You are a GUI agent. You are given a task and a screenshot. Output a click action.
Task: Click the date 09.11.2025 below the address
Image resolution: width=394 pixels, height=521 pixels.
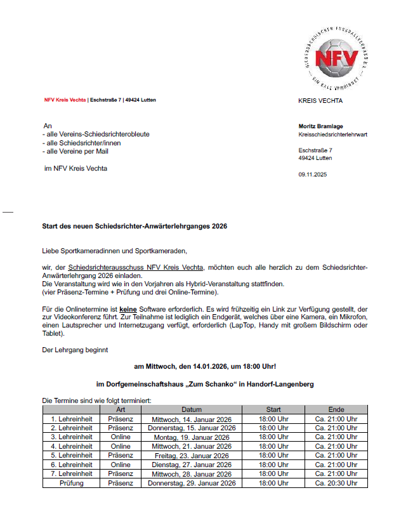coord(312,175)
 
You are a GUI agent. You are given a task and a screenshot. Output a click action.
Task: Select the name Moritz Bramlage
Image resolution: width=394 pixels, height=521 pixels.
coord(320,126)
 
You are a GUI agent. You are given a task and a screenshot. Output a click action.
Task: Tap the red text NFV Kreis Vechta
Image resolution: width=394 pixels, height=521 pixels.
coord(65,100)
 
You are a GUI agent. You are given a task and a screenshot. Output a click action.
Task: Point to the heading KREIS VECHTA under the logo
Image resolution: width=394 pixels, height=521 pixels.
coord(320,100)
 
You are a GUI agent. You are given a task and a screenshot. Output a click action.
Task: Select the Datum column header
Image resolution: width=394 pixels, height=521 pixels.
coord(192,409)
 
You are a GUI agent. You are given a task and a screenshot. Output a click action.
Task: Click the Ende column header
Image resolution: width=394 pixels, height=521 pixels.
coord(336,409)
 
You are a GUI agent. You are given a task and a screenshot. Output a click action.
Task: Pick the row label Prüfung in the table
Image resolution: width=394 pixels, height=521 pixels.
coord(72,483)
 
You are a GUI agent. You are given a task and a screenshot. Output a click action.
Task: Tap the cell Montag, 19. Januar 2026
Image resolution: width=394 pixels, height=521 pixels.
coord(192,437)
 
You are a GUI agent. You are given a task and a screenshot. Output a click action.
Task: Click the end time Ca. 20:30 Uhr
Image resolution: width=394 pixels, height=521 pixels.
coord(336,483)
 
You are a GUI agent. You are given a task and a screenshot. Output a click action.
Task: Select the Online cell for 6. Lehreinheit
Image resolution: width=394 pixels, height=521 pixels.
coord(121,465)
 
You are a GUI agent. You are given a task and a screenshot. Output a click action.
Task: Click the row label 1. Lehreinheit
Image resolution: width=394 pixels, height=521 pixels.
coord(72,419)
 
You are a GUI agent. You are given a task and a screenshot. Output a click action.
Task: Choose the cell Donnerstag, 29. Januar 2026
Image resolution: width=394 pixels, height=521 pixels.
coord(192,483)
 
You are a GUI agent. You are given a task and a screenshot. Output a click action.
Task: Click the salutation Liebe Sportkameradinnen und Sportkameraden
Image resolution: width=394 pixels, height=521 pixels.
coord(115,251)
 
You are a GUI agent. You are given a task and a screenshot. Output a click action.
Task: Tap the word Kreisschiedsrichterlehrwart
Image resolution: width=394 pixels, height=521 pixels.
coord(332,135)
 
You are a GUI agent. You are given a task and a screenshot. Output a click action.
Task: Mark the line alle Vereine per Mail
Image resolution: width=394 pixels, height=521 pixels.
coord(75,152)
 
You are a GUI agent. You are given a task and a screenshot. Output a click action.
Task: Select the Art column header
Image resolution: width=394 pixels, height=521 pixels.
coord(121,409)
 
